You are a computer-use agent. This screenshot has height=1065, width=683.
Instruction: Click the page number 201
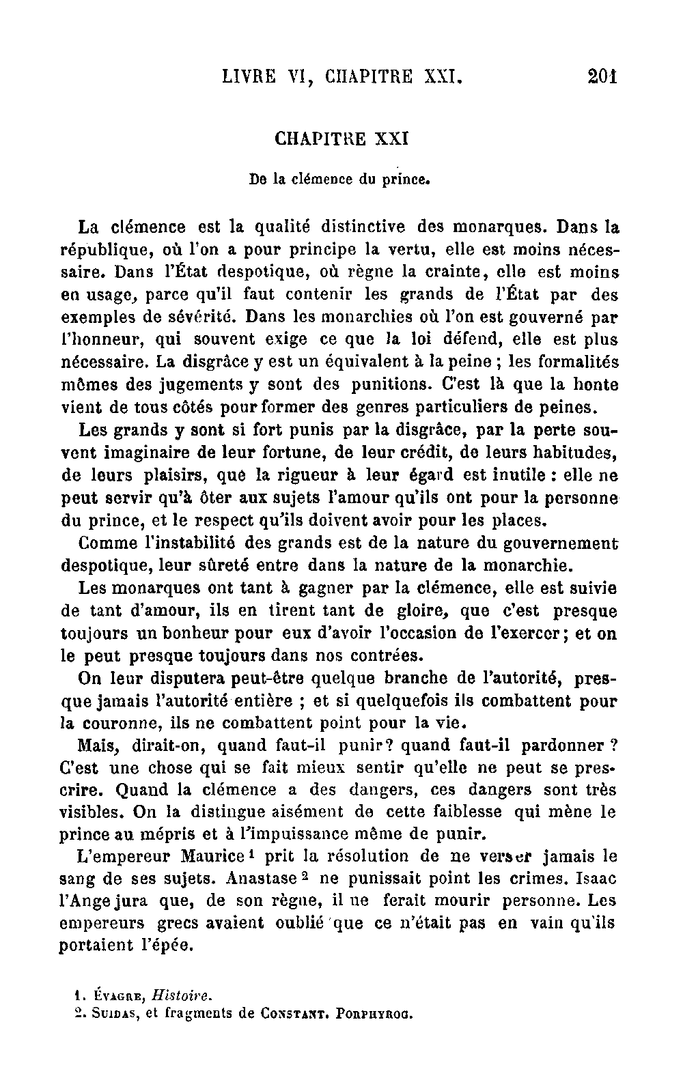602,76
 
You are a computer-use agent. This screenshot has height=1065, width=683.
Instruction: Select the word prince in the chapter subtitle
408,181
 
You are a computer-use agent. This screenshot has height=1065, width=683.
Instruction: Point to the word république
104,250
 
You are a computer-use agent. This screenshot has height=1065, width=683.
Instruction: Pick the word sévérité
200,317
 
